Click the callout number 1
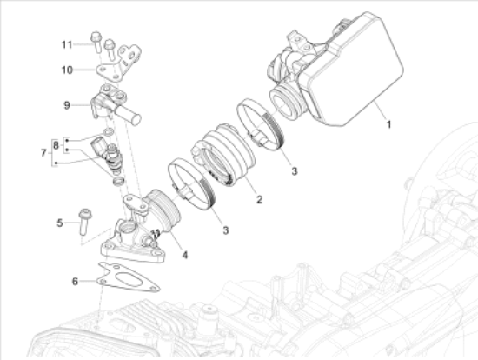pyautogui.click(x=388, y=124)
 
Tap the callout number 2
pyautogui.click(x=259, y=199)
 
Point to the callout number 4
pyautogui.click(x=185, y=254)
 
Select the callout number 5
pyautogui.click(x=60, y=223)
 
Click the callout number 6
pyautogui.click(x=75, y=281)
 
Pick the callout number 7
pyautogui.click(x=43, y=153)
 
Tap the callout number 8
pyautogui.click(x=56, y=145)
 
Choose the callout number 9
pyautogui.click(x=67, y=105)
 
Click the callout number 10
pyautogui.click(x=68, y=70)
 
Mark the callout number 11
pyautogui.click(x=67, y=44)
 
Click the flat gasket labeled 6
pyautogui.click(x=129, y=277)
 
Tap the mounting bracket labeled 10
pyautogui.click(x=119, y=64)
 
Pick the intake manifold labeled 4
pyautogui.click(x=139, y=227)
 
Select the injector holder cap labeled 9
pyautogui.click(x=115, y=103)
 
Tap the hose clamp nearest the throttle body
pyautogui.click(x=261, y=124)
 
